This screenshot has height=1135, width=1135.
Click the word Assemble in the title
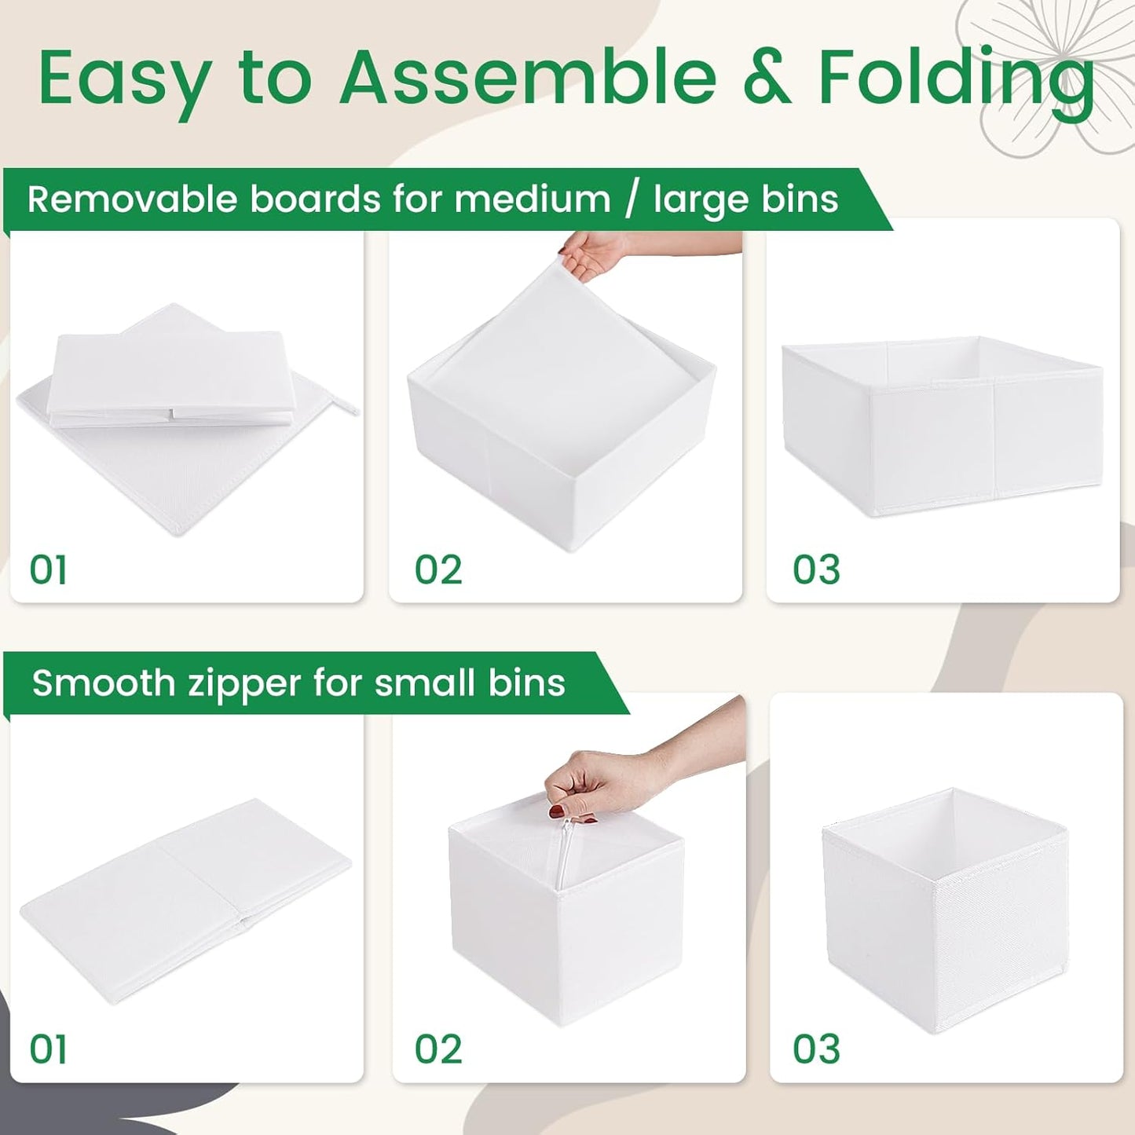(x=527, y=78)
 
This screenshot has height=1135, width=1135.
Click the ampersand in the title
(x=767, y=79)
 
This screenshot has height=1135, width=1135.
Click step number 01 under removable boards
(x=48, y=570)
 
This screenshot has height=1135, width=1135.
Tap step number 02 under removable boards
(x=438, y=570)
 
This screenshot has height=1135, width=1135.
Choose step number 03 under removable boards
(x=816, y=570)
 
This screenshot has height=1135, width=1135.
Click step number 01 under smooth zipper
(x=48, y=1049)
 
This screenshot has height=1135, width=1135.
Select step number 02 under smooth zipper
(x=438, y=1049)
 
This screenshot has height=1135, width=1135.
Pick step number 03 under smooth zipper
(x=816, y=1049)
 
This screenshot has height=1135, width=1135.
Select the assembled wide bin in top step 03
(x=943, y=428)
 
